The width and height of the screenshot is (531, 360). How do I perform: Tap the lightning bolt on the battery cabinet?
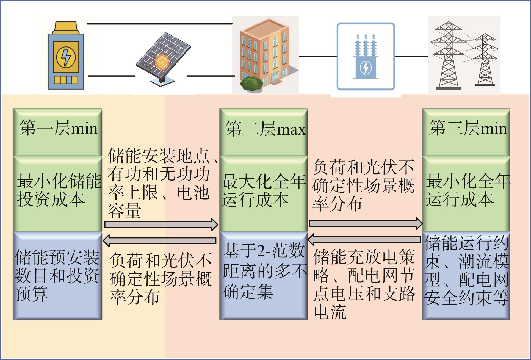tap(66, 57)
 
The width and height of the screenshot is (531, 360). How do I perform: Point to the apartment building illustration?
tap(265, 55)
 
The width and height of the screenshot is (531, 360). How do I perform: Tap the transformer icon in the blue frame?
tap(366, 57)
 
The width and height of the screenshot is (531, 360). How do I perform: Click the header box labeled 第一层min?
tap(58, 132)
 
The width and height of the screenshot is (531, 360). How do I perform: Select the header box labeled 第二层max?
tap(264, 132)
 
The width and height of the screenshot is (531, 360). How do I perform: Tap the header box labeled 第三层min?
tap(466, 132)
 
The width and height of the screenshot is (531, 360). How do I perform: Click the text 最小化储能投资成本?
tap(59, 190)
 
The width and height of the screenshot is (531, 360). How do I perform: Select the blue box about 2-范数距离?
tap(264, 276)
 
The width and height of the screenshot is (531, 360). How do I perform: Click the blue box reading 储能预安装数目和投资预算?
tap(58, 276)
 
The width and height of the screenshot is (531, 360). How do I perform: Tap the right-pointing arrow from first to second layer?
tap(161, 225)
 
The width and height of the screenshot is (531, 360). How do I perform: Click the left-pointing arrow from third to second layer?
tap(364, 240)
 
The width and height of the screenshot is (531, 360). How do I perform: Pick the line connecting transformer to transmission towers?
tap(411, 56)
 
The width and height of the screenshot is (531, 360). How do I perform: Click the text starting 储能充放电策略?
tap(364, 284)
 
